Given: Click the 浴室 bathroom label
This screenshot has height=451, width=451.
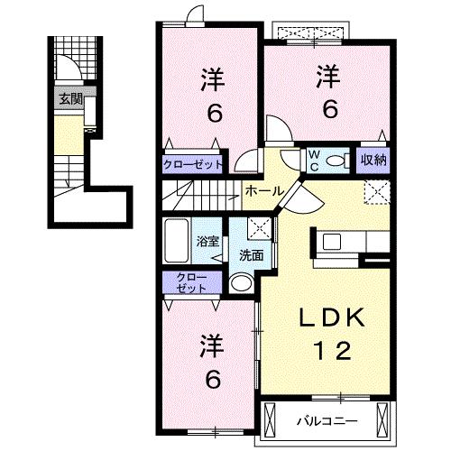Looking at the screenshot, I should tap(207, 242).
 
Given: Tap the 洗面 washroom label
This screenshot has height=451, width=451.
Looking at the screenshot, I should tap(251, 255).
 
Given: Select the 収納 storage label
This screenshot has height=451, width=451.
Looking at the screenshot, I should tap(373, 161).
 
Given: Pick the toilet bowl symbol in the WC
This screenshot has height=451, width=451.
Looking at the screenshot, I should tap(337, 161).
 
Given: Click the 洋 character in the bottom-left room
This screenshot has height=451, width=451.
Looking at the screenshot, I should tap(211, 345).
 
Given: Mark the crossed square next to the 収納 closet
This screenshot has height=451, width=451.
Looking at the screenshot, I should tap(376, 191).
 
